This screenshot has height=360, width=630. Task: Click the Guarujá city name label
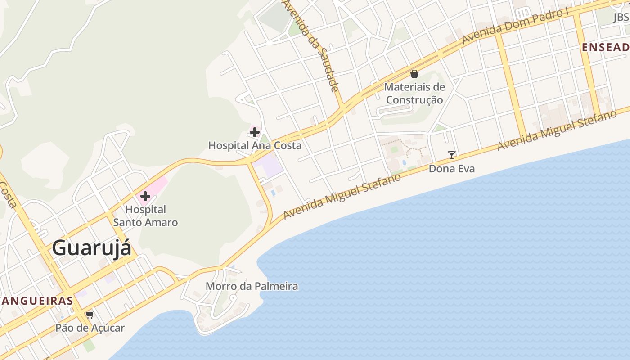[x=91, y=248]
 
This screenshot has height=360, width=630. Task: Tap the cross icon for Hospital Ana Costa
[x=255, y=132]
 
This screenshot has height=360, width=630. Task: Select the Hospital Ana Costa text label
[x=255, y=145]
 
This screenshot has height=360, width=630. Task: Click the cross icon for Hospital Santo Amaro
[x=145, y=196]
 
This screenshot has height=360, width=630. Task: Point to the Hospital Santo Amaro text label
[x=145, y=216]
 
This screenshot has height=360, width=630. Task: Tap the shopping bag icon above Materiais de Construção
[x=414, y=74]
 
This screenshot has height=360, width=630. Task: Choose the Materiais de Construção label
[x=414, y=93]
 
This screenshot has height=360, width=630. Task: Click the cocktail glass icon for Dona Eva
[x=452, y=155]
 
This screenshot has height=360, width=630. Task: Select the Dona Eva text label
[x=452, y=169]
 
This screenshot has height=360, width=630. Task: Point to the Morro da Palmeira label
[x=252, y=286]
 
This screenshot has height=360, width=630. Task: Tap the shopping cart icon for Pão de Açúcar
[x=90, y=315]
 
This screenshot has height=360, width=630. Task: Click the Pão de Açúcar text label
[x=90, y=328]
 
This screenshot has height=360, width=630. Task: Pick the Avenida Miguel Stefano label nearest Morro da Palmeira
[x=342, y=197]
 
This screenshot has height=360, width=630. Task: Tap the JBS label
[x=621, y=17]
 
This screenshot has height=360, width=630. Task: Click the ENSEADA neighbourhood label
[x=605, y=47]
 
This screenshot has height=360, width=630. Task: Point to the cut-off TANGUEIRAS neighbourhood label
[x=36, y=301]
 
